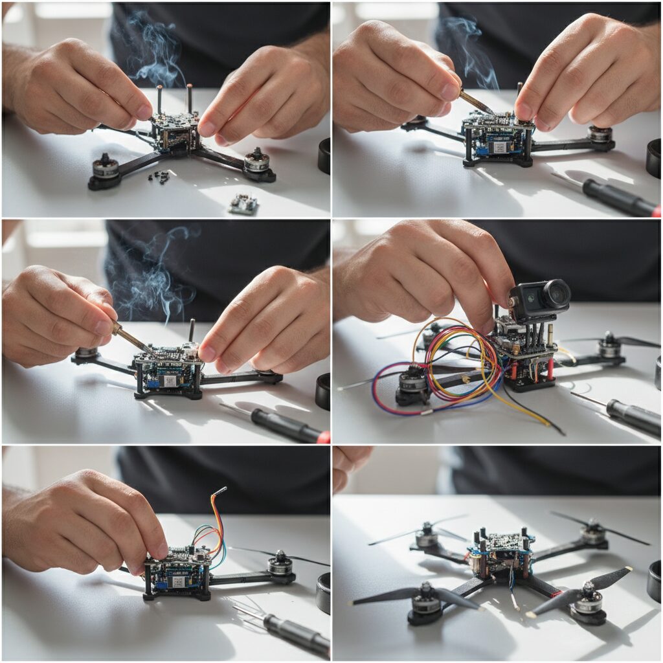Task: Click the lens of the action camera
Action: [556, 295]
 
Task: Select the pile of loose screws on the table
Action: [160, 176]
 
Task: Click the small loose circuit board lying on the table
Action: [244, 204]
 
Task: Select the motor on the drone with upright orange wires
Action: [280, 563]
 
